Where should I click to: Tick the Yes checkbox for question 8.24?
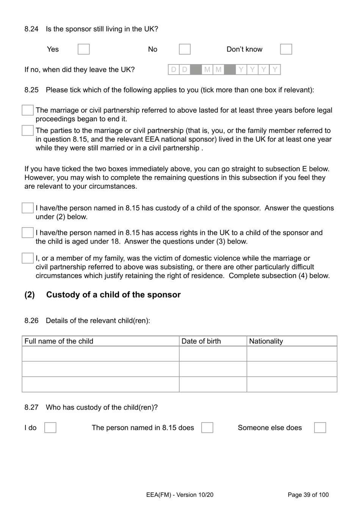coord(83,49)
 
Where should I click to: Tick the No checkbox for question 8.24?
coord(185,49)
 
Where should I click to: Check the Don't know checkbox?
coord(286,49)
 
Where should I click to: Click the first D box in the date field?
coord(174,69)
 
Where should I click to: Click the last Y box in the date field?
coord(275,69)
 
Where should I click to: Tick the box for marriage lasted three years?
coord(28,110)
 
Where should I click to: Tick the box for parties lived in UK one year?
coord(28,130)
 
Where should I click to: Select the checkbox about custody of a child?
coord(28,208)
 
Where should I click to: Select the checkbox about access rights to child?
coord(28,233)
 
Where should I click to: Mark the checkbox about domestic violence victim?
coord(28,258)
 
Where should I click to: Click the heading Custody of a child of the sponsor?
coord(113,295)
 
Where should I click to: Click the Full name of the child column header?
coord(59,341)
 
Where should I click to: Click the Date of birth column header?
coord(201,341)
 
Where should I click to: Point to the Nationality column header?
coord(266,341)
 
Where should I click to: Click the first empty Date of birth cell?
coord(213,354)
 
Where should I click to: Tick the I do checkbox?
coord(50,428)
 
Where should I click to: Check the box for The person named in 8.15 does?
coord(207,428)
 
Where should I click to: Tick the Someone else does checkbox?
coord(320,428)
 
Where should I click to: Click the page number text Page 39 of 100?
coord(308,495)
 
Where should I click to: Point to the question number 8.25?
coord(31,90)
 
